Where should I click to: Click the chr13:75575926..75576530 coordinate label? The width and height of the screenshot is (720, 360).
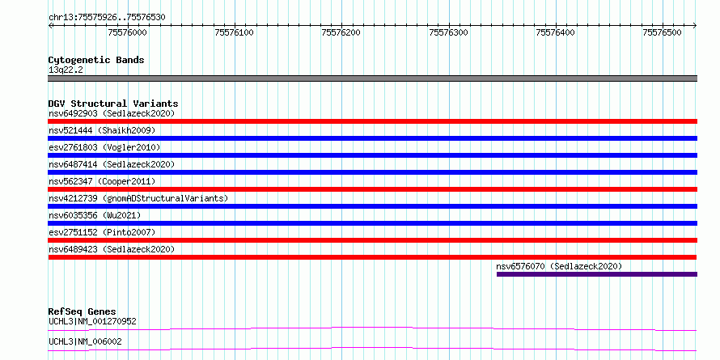[x=107, y=18]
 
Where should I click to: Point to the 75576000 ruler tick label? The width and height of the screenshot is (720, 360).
[x=127, y=32]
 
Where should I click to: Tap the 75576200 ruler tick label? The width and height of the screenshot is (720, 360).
[x=341, y=32]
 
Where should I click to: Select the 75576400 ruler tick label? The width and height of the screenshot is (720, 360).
[x=556, y=32]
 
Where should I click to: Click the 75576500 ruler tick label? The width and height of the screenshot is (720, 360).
[x=663, y=32]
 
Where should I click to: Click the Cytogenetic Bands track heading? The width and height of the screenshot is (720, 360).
[x=96, y=60]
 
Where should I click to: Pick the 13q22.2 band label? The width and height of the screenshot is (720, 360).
[x=66, y=70]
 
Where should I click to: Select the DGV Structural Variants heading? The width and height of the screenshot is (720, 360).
[x=113, y=104]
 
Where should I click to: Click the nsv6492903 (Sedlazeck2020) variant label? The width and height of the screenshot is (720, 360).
[x=112, y=113]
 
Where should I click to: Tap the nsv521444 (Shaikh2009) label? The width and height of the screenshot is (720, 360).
[x=102, y=130]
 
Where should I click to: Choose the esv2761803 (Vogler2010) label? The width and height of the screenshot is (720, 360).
[x=104, y=147]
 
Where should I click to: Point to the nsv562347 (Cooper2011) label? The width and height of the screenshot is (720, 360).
[x=102, y=181]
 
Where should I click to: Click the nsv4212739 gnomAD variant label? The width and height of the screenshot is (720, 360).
[x=138, y=198]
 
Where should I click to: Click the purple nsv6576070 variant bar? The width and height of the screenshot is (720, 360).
[x=597, y=274]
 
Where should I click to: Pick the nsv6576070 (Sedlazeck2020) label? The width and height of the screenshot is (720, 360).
[x=559, y=266]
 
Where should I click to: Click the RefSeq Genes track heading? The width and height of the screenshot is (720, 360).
[x=83, y=311]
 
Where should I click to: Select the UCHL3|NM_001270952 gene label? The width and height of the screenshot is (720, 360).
[x=92, y=321]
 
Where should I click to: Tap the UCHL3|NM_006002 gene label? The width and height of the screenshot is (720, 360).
[x=85, y=341]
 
